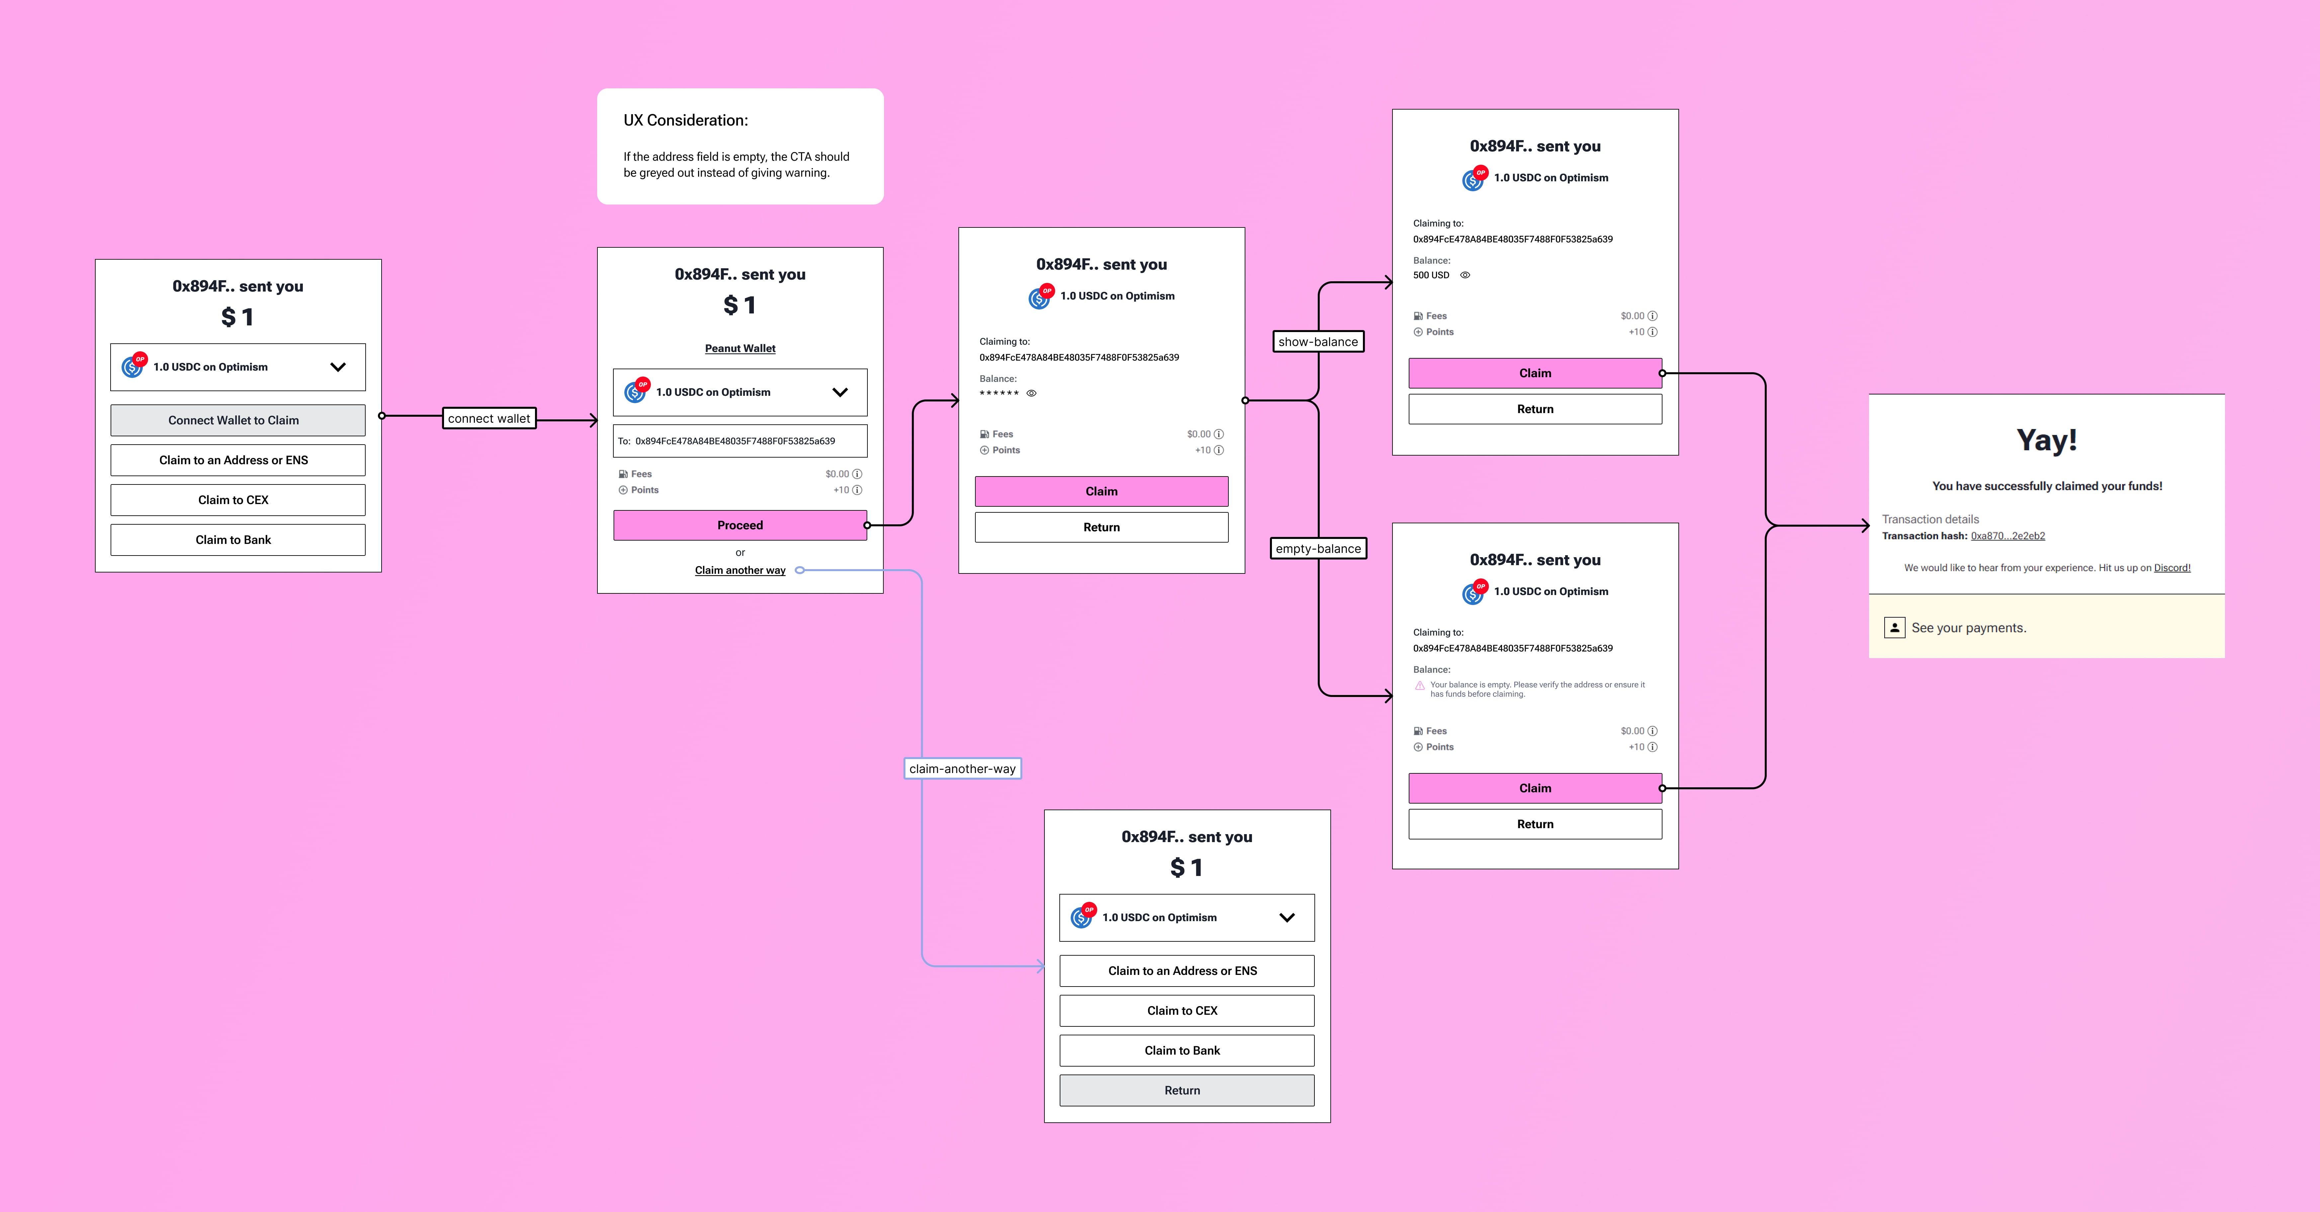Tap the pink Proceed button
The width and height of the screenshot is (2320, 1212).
coord(740,525)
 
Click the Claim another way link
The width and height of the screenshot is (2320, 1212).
coord(740,570)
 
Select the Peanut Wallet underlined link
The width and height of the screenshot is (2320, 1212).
coord(740,348)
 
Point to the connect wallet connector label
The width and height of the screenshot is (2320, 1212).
coord(489,419)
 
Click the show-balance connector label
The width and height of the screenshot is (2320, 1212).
coord(1318,342)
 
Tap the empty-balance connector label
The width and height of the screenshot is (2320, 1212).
coord(1318,548)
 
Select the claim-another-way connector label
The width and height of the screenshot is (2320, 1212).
coord(962,769)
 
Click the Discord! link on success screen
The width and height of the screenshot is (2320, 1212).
coord(2172,568)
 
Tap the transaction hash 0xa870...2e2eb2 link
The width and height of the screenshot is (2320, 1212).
coord(2008,536)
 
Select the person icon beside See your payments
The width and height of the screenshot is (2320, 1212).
coord(1894,628)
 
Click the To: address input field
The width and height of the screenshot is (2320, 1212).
coord(740,441)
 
